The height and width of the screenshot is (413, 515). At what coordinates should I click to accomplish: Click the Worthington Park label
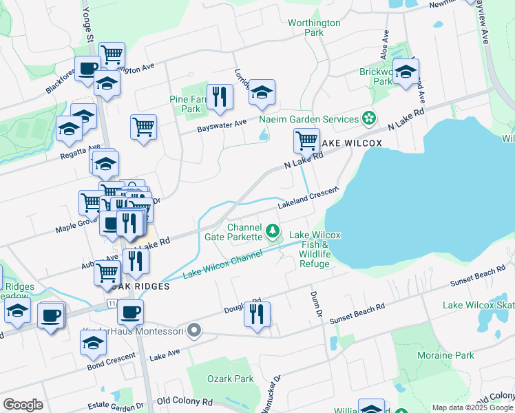[314, 28]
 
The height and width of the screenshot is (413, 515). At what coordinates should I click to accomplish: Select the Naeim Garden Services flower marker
[370, 118]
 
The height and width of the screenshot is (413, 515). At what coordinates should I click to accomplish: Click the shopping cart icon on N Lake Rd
[306, 140]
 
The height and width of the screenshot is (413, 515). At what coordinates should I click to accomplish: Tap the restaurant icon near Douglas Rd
[257, 314]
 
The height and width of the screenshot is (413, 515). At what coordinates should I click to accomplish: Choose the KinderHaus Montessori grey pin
[194, 332]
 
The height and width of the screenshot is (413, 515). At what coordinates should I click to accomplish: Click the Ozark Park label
[230, 379]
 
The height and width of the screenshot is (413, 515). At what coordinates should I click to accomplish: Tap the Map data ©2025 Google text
[472, 407]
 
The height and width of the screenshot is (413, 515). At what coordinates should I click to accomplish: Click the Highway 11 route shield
[111, 303]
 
